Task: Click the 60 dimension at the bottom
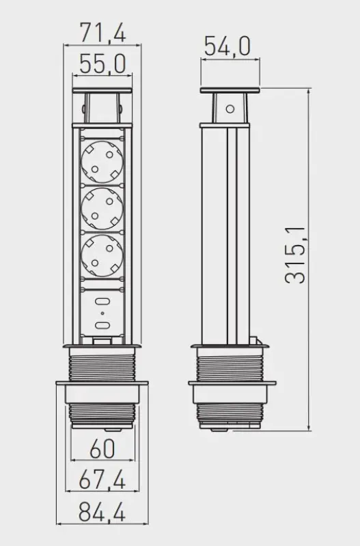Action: [x=102, y=450]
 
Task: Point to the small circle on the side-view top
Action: [x=230, y=107]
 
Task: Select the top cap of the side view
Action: [x=230, y=91]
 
